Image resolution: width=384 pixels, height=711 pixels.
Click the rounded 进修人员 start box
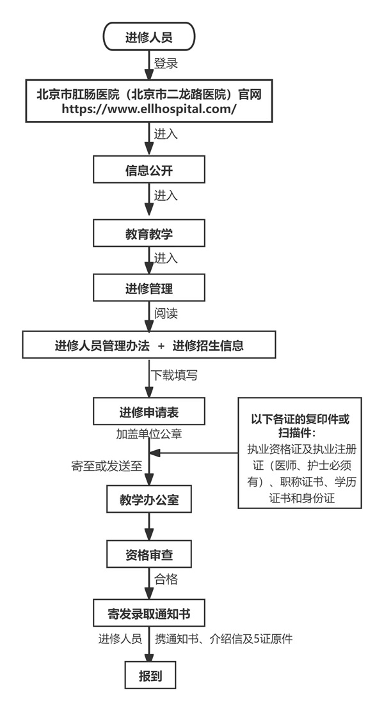click(x=148, y=38)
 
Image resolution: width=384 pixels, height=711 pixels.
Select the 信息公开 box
click(x=148, y=171)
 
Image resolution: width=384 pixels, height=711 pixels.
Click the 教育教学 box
click(x=148, y=234)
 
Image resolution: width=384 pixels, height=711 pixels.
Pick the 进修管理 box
click(x=148, y=288)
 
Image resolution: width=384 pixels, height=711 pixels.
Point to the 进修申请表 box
click(x=148, y=411)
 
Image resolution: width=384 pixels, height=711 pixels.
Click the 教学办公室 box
click(x=148, y=500)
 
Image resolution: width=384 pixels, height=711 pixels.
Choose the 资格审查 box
click(x=148, y=555)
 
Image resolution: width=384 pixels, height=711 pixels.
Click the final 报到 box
click(x=148, y=676)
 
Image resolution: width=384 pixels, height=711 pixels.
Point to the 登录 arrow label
click(x=166, y=64)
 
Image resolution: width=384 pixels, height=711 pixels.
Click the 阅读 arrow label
click(x=166, y=313)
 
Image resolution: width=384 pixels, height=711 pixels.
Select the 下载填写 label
click(x=173, y=375)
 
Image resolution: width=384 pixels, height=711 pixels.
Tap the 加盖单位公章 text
click(x=148, y=434)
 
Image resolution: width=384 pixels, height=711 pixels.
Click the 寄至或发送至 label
click(x=106, y=465)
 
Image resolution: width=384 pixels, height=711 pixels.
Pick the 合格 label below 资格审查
click(x=166, y=580)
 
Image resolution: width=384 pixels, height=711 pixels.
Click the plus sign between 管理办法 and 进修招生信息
click(x=161, y=346)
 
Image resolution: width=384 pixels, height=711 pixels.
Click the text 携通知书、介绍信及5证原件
click(x=223, y=639)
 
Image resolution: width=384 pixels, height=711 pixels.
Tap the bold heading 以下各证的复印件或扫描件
click(x=300, y=426)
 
